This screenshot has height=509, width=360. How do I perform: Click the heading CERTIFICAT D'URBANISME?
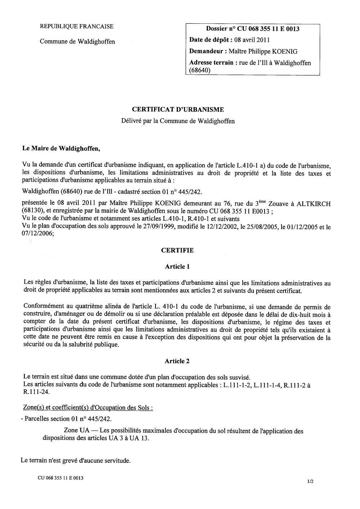point(178,109)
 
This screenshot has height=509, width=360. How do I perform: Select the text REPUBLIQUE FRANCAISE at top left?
point(77,26)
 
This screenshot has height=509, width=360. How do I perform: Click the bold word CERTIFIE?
point(177,250)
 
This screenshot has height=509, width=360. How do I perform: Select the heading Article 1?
point(177,267)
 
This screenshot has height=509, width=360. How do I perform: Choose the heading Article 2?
point(177,361)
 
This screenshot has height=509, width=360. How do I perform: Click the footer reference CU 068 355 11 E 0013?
point(60,478)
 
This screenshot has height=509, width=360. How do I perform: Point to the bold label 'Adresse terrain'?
point(211,63)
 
